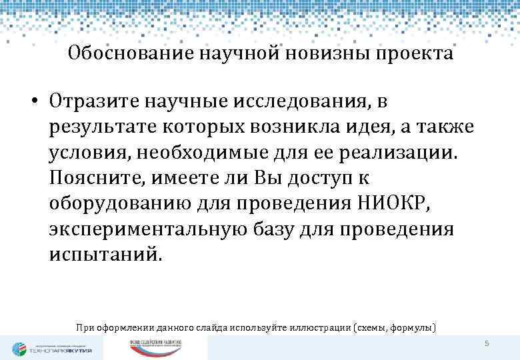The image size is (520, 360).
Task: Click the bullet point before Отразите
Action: click(x=32, y=102)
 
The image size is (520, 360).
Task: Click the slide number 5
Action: click(x=487, y=343)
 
